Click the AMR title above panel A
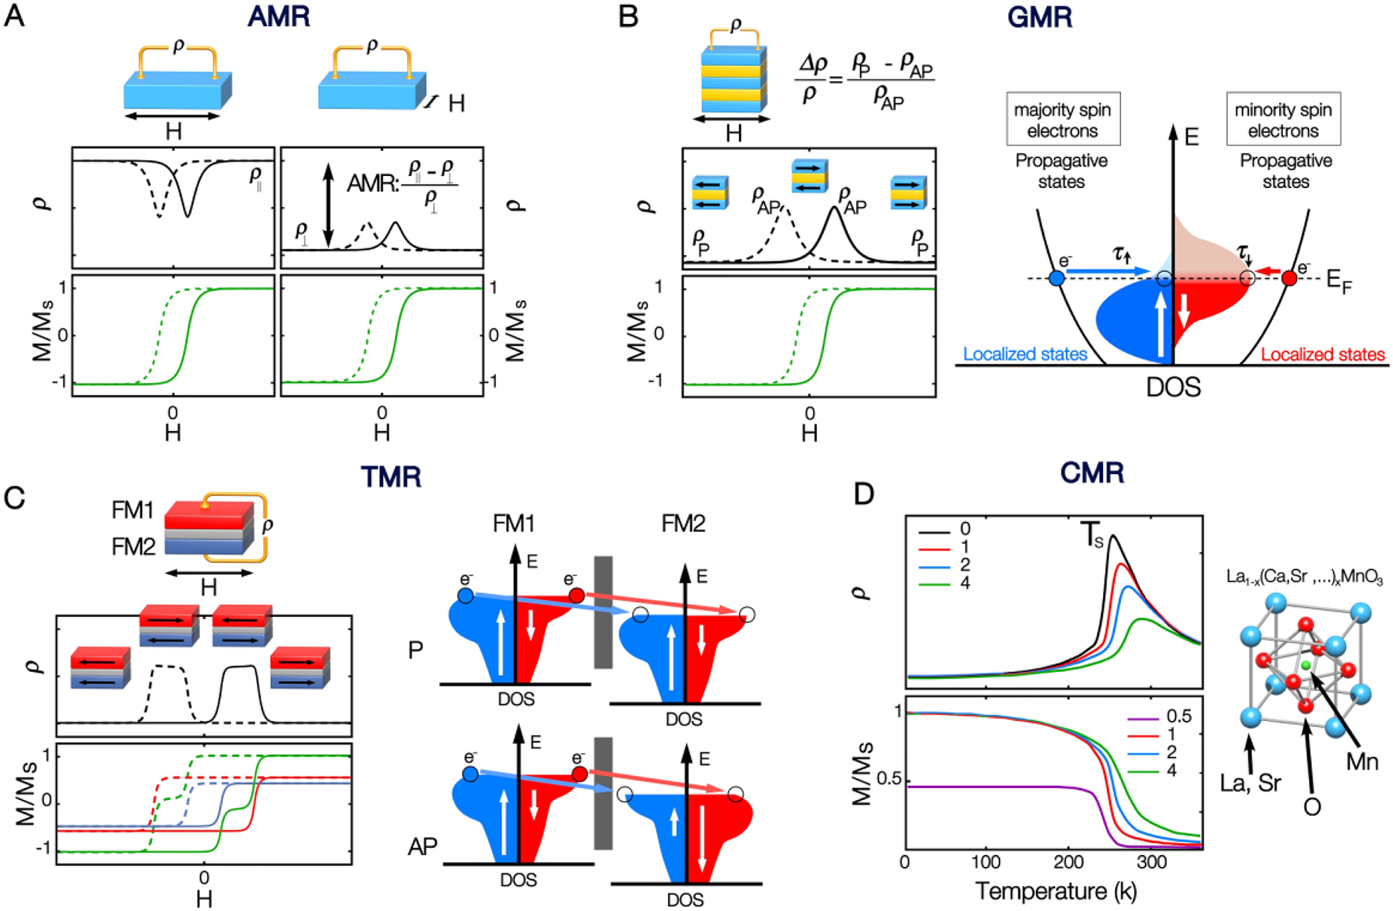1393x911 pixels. pyautogui.click(x=278, y=17)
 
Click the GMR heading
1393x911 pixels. pyautogui.click(x=1039, y=17)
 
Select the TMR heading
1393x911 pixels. pyautogui.click(x=391, y=476)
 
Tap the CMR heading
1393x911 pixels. pyautogui.click(x=1092, y=473)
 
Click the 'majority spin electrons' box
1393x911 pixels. pyautogui.click(x=1062, y=119)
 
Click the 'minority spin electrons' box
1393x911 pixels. pyautogui.click(x=1283, y=119)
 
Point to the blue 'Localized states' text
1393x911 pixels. pyautogui.click(x=1025, y=354)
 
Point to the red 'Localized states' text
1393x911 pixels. pyautogui.click(x=1322, y=354)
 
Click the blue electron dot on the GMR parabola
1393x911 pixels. pyautogui.click(x=1057, y=278)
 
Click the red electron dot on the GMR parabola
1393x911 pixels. pyautogui.click(x=1290, y=278)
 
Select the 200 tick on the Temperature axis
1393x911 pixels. pyautogui.click(x=1069, y=862)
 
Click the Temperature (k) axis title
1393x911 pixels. pyautogui.click(x=1055, y=891)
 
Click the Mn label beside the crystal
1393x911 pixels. pyautogui.click(x=1362, y=761)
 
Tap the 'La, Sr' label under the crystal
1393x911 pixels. pyautogui.click(x=1250, y=783)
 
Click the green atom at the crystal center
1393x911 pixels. pyautogui.click(x=1305, y=665)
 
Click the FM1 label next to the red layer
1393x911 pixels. pyautogui.click(x=132, y=511)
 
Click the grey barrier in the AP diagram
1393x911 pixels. pyautogui.click(x=602, y=793)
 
